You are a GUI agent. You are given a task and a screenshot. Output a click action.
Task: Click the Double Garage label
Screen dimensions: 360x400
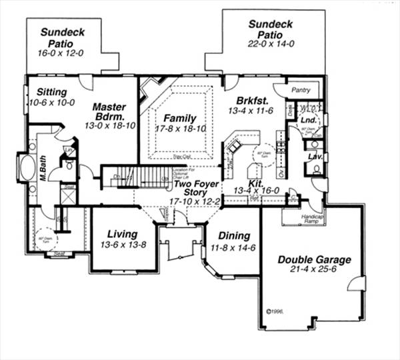tap(315, 259)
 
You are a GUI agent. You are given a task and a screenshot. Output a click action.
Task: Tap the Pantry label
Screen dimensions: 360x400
tap(301, 89)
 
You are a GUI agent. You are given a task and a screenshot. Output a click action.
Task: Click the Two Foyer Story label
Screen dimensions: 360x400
tap(192, 190)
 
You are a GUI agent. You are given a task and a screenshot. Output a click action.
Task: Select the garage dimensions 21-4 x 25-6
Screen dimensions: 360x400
tap(315, 271)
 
